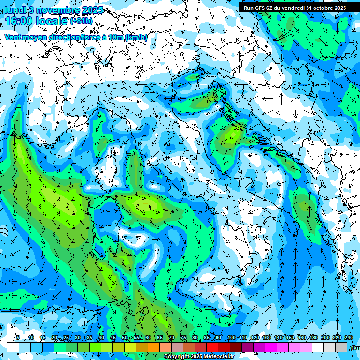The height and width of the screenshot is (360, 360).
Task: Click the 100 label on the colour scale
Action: pos(231,337)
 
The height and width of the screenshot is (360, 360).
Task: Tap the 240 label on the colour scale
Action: pos(348,337)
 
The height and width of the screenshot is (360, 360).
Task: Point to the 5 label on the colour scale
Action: pos(18,337)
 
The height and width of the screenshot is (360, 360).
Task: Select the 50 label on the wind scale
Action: pos(125,337)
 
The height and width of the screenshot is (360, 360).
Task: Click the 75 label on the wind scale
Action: pos(183,337)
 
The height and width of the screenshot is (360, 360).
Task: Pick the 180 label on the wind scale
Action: pos(313,337)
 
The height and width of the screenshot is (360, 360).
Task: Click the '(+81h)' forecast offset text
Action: pos(81,21)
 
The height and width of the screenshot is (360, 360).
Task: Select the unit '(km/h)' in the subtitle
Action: pos(136,37)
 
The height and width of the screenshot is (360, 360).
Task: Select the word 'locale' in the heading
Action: pos(53,21)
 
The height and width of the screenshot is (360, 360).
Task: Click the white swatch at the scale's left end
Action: pos(13,347)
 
